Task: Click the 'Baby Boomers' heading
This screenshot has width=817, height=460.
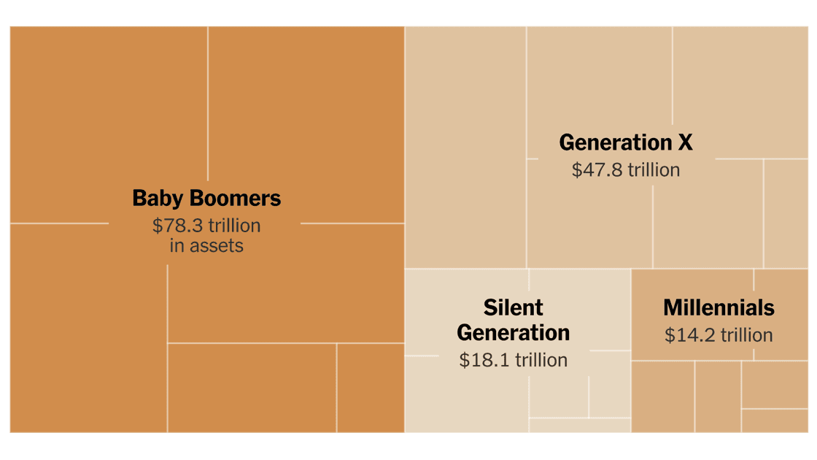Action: [x=206, y=198]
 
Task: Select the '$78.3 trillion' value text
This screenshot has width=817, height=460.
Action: [x=206, y=226]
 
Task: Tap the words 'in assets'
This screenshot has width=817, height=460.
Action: [x=206, y=245]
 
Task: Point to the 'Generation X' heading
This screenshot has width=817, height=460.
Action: [x=626, y=142]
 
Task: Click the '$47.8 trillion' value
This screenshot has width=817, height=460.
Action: [x=626, y=170]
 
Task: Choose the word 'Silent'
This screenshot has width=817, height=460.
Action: [x=514, y=307]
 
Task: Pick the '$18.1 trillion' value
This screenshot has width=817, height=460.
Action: [x=514, y=360]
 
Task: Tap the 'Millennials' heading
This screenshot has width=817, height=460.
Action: [x=719, y=307]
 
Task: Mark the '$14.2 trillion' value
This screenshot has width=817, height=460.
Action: [x=719, y=335]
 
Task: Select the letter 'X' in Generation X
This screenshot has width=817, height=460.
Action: [x=685, y=142]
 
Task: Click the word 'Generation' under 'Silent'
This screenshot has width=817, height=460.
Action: [x=514, y=333]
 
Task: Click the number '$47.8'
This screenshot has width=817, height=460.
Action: [x=592, y=170]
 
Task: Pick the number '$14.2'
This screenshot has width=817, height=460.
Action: [x=685, y=335]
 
